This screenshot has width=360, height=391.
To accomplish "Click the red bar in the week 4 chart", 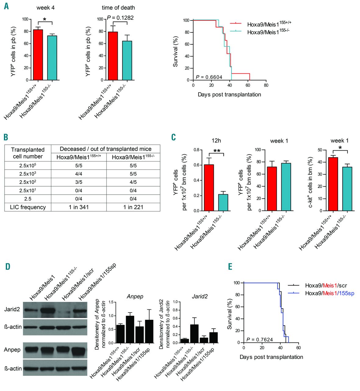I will click(x=38, y=55).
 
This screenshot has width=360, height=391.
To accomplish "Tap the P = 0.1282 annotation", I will click(x=120, y=18).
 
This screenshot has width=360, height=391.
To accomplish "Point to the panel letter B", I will click(x=6, y=137).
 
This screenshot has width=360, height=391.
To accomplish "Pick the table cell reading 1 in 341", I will click(x=79, y=207).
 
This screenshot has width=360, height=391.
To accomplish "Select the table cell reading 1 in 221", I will click(x=133, y=207).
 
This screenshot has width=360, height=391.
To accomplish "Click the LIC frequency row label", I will click(x=28, y=207).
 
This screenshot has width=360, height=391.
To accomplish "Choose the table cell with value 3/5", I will click(x=79, y=182).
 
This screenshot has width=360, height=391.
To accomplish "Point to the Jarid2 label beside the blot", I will click(x=12, y=309).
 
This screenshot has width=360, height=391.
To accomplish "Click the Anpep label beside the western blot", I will click(x=12, y=350).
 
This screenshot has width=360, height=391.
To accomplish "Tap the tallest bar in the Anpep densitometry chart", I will click(x=130, y=329).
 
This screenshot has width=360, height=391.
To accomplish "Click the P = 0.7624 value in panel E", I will click(x=260, y=340).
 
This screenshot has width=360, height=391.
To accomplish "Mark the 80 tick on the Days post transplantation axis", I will click(x=266, y=85).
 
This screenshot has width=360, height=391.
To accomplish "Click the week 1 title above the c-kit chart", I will click(x=339, y=141).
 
